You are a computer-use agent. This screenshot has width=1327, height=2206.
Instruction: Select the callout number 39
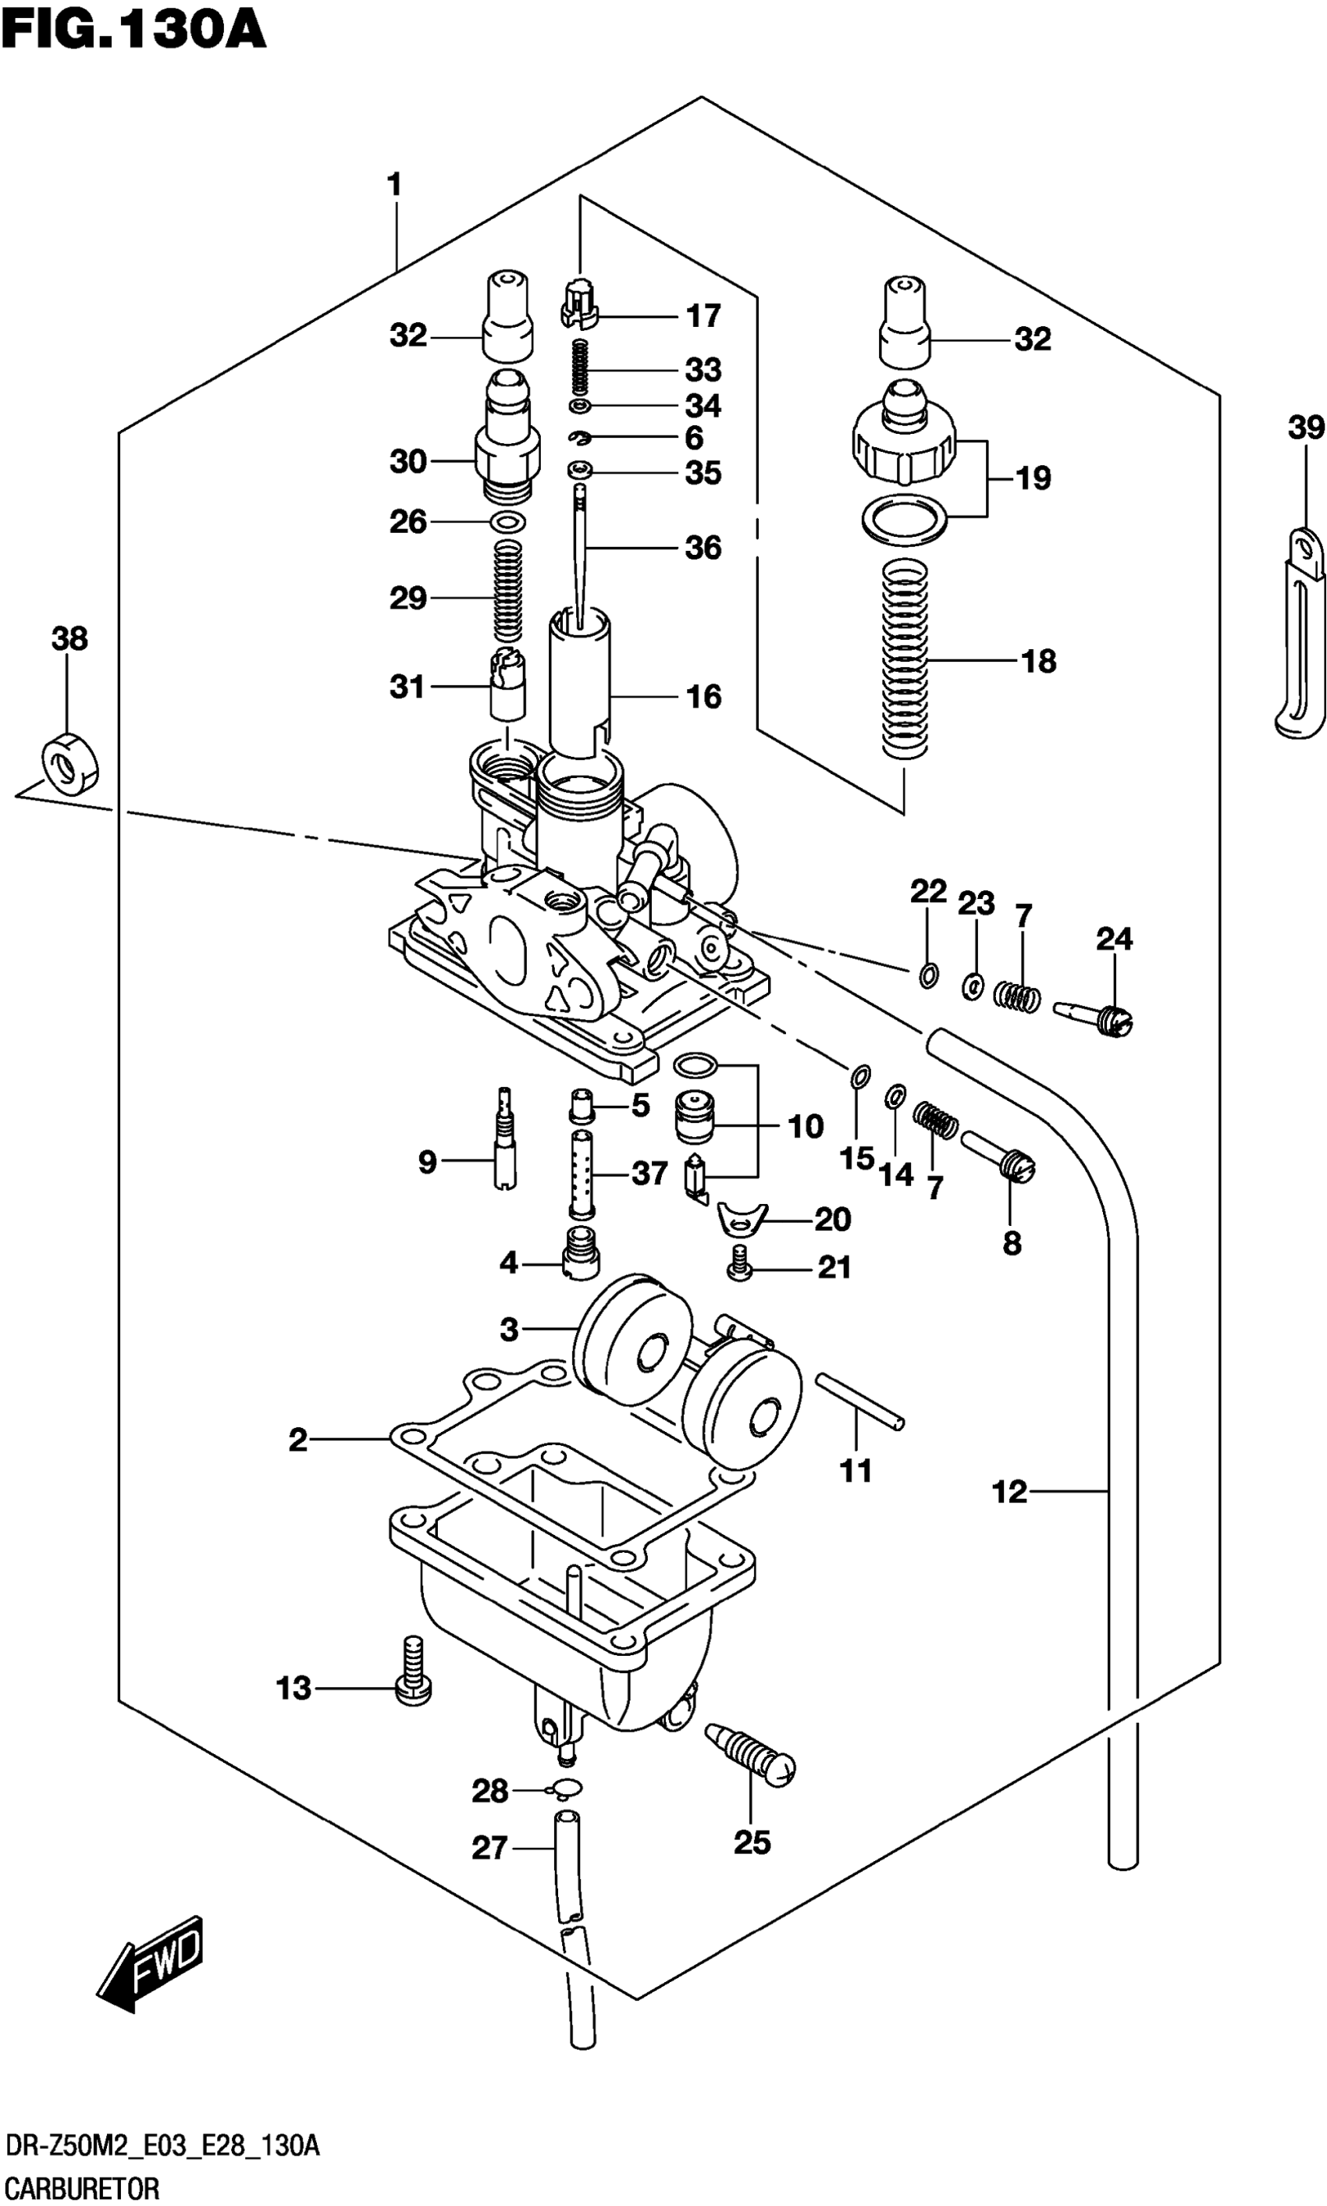tap(1306, 428)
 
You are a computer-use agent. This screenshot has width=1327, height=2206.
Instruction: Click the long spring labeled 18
tap(905, 658)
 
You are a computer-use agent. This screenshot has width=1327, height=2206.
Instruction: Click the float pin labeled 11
tap(859, 1402)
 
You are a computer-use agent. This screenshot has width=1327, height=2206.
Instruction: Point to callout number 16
tap(703, 696)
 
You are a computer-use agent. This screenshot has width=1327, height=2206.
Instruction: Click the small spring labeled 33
tap(580, 368)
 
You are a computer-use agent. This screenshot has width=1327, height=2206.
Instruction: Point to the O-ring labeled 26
tap(508, 522)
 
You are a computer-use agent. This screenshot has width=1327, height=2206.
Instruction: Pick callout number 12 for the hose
tap(1009, 1491)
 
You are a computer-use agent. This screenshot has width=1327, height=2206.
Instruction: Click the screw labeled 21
tap(739, 1265)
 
